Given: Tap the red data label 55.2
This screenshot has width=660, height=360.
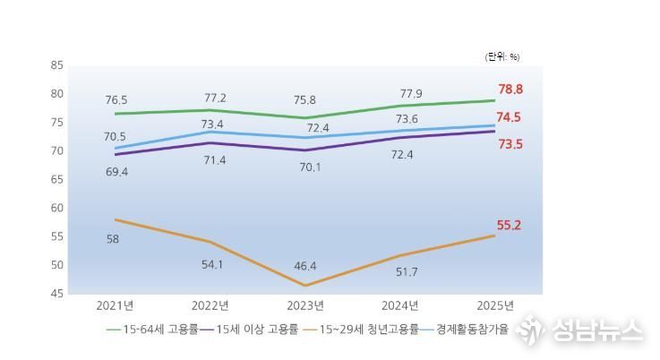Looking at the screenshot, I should pyautogui.click(x=510, y=226).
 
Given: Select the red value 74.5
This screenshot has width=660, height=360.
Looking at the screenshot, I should pyautogui.click(x=510, y=117).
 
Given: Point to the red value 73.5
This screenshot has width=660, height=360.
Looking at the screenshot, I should pyautogui.click(x=510, y=143).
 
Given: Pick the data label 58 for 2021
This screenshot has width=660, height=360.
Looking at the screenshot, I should pyautogui.click(x=113, y=239).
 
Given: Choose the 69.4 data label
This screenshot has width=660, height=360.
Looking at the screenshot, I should pyautogui.click(x=116, y=171).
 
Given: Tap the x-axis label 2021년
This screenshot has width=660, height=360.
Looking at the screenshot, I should pyautogui.click(x=116, y=305).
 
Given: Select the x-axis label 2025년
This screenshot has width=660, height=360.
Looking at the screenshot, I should pyautogui.click(x=496, y=305).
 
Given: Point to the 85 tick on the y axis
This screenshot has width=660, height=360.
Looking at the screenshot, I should pyautogui.click(x=56, y=65).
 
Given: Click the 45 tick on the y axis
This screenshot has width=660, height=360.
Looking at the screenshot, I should pyautogui.click(x=56, y=294).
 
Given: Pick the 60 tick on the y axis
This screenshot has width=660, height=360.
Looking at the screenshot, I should pyautogui.click(x=56, y=208).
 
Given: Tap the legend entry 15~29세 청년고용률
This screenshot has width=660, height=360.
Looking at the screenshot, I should pyautogui.click(x=368, y=330).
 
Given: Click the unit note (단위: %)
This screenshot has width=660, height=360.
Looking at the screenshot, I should pyautogui.click(x=501, y=56).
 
